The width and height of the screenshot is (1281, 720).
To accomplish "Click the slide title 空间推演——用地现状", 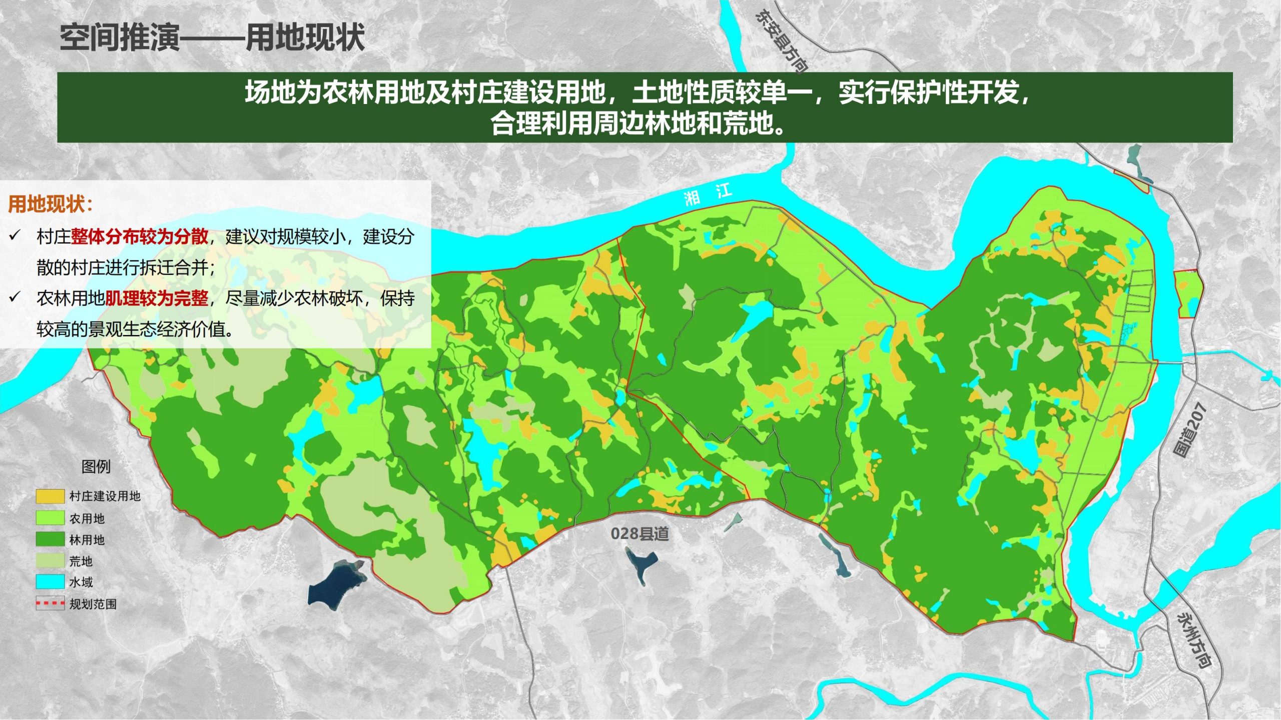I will point(212,37).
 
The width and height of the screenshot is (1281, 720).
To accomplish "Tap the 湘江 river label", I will point(708,194).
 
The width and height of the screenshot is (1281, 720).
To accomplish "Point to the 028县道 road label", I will point(639,534).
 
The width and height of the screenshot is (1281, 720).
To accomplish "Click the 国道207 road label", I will point(1189,430).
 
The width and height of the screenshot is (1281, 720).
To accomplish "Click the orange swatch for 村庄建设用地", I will point(50,496).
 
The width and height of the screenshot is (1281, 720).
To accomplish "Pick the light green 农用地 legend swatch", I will point(50,518).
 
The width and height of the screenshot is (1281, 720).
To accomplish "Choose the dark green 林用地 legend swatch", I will point(50,539).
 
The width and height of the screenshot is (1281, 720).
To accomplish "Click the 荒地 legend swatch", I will point(50,561).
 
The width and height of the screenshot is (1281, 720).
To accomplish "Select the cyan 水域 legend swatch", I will point(50,582).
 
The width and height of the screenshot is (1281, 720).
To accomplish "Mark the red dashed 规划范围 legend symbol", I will point(50,603).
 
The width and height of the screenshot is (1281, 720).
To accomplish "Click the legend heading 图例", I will point(96,467).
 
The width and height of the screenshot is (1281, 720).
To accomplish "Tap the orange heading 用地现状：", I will point(51,204).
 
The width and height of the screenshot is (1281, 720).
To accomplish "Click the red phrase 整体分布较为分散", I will point(140,236).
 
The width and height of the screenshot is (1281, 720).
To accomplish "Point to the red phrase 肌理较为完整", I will point(157,298).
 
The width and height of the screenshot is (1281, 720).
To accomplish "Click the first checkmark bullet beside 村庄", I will point(15,236).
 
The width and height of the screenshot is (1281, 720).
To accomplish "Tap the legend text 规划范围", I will point(93,604).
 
